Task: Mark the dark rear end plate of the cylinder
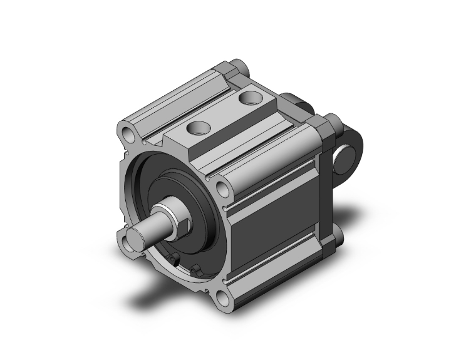pos(326,188)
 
